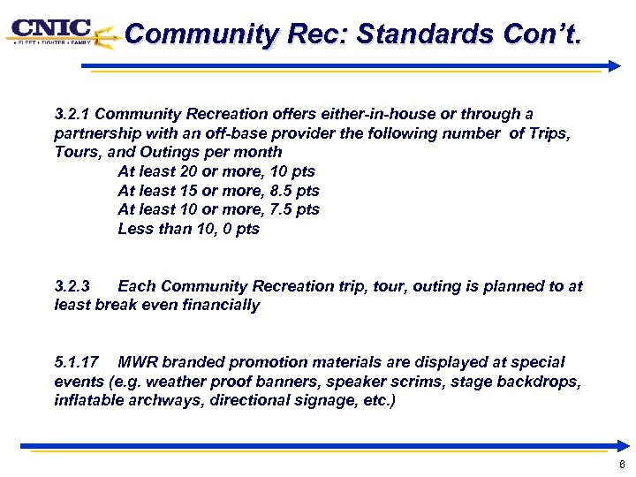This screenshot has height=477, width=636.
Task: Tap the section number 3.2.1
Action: tap(72, 114)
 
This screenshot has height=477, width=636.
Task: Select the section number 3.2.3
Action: tap(72, 286)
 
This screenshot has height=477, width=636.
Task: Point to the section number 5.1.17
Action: tap(76, 362)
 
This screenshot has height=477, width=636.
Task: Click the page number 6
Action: tap(622, 466)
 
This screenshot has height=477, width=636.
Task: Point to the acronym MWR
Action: tap(137, 362)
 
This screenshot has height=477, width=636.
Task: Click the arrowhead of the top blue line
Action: tap(615, 65)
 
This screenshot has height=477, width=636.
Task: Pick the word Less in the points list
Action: tap(135, 229)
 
